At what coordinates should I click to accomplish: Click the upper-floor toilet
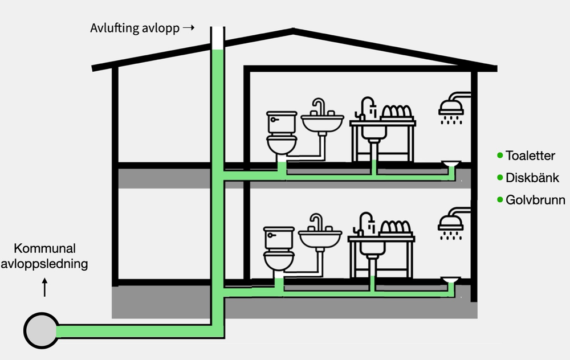point(282,133)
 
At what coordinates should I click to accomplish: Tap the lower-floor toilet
point(279,249)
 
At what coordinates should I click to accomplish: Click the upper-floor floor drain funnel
point(451,164)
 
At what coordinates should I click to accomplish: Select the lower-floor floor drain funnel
point(451,280)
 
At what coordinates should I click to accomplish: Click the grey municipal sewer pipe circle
point(41,330)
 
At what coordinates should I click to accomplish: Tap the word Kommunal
point(44,248)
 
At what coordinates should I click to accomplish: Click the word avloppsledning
point(44,264)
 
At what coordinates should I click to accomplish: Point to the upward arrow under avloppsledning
point(44,287)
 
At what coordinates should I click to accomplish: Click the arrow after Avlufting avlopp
point(189,27)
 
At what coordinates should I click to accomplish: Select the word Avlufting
point(115,28)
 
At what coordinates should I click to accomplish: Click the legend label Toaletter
point(530,156)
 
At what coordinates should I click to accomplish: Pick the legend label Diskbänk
point(532,178)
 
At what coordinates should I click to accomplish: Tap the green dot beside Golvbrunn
point(500,199)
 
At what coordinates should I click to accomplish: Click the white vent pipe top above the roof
point(217,38)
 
